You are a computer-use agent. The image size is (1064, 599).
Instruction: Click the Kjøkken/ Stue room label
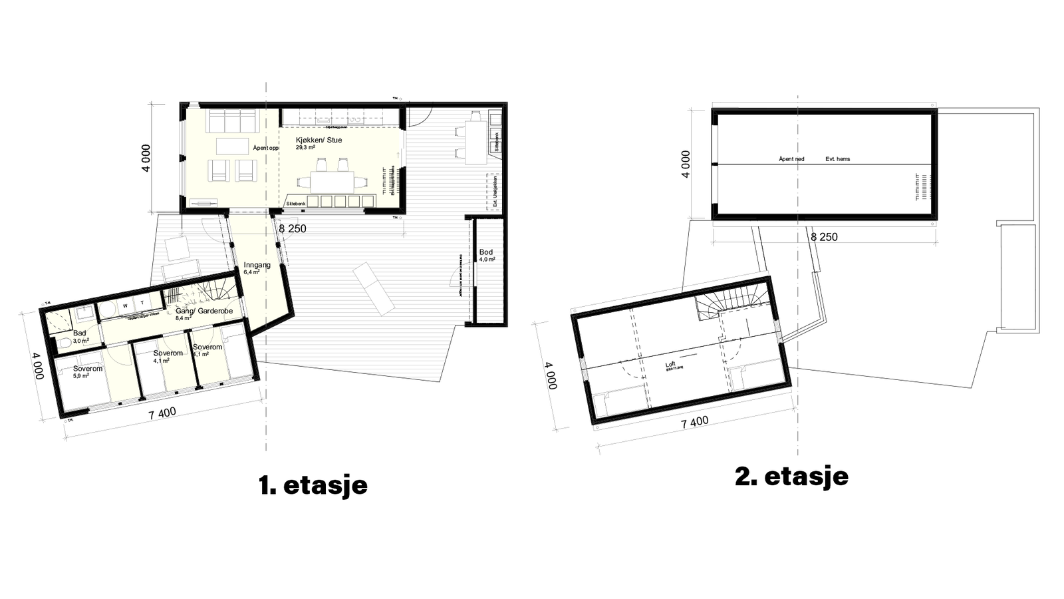pyautogui.click(x=319, y=140)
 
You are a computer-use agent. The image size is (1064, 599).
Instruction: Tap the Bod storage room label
pyautogui.click(x=486, y=252)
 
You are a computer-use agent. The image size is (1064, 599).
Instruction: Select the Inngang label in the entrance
pyautogui.click(x=257, y=265)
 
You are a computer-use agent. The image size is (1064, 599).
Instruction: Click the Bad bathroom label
pyautogui.click(x=80, y=333)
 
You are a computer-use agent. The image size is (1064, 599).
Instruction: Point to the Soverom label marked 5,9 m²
pyautogui.click(x=88, y=369)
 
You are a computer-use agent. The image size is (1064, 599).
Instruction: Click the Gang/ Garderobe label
pyautogui.click(x=203, y=311)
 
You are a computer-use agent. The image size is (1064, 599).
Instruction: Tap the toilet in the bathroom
pyautogui.click(x=65, y=344)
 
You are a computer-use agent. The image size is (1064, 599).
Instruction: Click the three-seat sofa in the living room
pyautogui.click(x=232, y=122)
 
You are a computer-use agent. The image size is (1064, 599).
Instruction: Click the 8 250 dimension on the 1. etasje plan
pyautogui.click(x=292, y=228)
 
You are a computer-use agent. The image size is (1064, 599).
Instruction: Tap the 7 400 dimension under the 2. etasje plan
pyautogui.click(x=694, y=421)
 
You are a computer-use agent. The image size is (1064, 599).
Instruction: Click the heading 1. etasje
pyautogui.click(x=313, y=485)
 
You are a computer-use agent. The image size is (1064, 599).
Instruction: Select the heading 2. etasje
pyautogui.click(x=791, y=477)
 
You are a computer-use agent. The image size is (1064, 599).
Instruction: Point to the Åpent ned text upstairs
pyautogui.click(x=791, y=159)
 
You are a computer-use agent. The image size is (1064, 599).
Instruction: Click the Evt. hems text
pyautogui.click(x=837, y=159)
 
